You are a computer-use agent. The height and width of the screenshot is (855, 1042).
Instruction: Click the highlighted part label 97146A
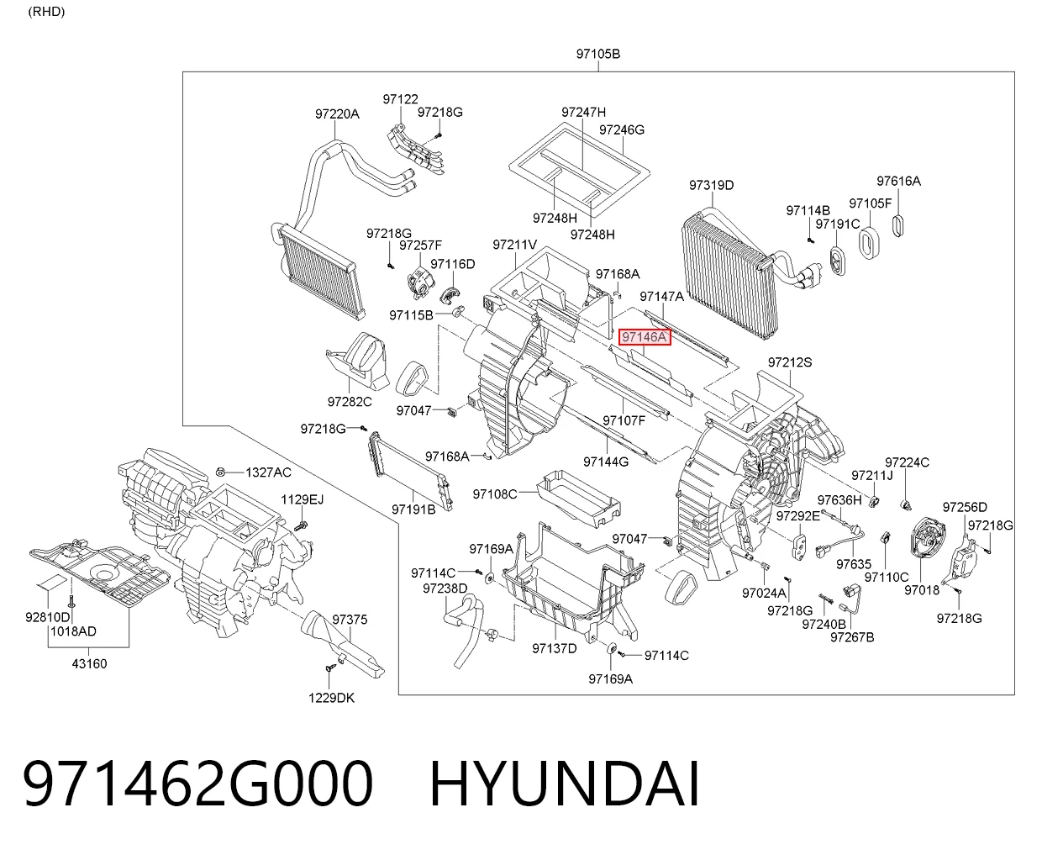click(x=645, y=337)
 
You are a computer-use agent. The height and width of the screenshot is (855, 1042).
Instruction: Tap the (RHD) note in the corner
click(x=46, y=12)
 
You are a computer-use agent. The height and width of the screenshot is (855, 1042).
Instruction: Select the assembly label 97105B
click(x=597, y=53)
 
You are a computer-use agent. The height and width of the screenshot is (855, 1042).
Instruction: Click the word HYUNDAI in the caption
click(x=564, y=784)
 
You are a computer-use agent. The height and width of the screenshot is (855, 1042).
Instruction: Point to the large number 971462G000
click(x=197, y=784)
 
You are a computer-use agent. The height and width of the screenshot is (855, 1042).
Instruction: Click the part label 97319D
click(x=712, y=185)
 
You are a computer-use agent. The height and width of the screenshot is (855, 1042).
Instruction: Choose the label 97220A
click(x=337, y=114)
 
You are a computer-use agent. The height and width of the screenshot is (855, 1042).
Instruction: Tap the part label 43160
click(x=89, y=663)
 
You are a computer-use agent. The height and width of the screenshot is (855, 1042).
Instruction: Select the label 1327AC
click(x=268, y=472)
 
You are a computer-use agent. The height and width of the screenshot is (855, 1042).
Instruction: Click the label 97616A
click(x=898, y=181)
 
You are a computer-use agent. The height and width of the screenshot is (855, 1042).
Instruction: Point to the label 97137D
click(x=555, y=648)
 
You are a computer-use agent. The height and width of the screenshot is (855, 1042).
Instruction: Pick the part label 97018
click(x=922, y=589)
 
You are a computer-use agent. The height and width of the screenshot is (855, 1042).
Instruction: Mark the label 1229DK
click(x=332, y=698)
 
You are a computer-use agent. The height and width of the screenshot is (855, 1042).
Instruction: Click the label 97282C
click(x=350, y=402)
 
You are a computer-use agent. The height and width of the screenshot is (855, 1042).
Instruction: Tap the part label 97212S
click(x=790, y=362)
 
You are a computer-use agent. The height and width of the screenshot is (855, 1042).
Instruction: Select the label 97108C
click(x=495, y=493)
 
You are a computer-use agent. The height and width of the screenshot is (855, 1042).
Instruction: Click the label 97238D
click(x=445, y=588)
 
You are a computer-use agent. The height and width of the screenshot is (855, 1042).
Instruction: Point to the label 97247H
click(x=583, y=112)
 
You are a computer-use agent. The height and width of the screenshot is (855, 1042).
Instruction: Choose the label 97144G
click(x=606, y=462)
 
